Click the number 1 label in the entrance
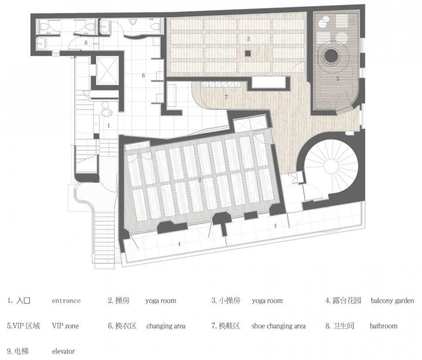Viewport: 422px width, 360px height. point(109,125)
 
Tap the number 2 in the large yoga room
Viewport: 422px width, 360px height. point(200,179)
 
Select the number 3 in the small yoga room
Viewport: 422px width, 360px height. point(248,39)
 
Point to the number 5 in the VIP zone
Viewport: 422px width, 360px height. point(338,79)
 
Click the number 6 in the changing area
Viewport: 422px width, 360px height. point(143,76)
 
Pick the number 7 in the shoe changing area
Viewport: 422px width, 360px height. point(226,97)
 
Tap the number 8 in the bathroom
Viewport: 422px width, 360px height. point(86,43)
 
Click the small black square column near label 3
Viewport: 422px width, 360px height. point(248,53)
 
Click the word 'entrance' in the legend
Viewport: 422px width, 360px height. point(66,301)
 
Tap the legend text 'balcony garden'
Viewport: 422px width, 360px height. point(393,301)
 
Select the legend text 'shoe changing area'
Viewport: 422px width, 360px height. point(279,326)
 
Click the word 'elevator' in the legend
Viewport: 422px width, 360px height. point(63,351)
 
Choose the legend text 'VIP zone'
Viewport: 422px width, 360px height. point(65,326)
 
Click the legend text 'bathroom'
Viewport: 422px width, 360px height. point(383,326)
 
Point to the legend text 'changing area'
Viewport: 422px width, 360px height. point(166,326)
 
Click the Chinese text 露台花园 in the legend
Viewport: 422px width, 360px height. point(347,300)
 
